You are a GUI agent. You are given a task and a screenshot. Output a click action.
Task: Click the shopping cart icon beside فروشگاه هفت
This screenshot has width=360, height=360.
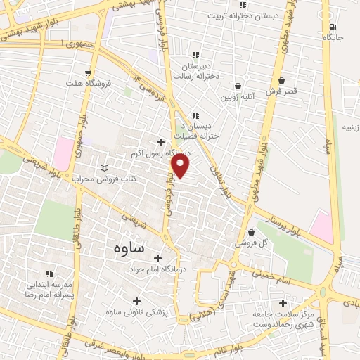(x=87, y=71)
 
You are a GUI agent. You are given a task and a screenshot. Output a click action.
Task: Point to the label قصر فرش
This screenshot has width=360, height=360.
(x=281, y=91)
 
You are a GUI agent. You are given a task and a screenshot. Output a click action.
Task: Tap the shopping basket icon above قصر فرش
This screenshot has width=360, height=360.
(x=281, y=81)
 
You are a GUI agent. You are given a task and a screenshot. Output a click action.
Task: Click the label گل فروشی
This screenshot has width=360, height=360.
(x=253, y=243)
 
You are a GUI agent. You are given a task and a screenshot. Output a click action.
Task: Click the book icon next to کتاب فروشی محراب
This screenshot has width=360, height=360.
(x=104, y=168)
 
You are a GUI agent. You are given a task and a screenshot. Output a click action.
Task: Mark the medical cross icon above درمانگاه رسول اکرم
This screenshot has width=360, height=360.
(x=160, y=143)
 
